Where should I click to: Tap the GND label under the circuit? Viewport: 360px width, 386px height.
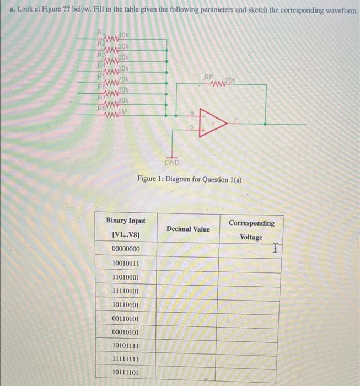pyautogui.click(x=173, y=162)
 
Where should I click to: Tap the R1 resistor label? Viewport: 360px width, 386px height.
pyautogui.click(x=101, y=31)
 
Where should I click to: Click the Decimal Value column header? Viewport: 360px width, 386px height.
pyautogui.click(x=188, y=228)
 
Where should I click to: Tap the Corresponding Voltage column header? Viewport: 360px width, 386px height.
pyautogui.click(x=251, y=230)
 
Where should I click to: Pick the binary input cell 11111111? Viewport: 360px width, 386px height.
pyautogui.click(x=125, y=358)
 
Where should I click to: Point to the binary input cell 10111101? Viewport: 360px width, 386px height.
pyautogui.click(x=125, y=372)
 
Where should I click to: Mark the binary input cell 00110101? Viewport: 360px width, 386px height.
pyautogui.click(x=125, y=318)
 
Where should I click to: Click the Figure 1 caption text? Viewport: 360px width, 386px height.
pyautogui.click(x=189, y=180)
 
